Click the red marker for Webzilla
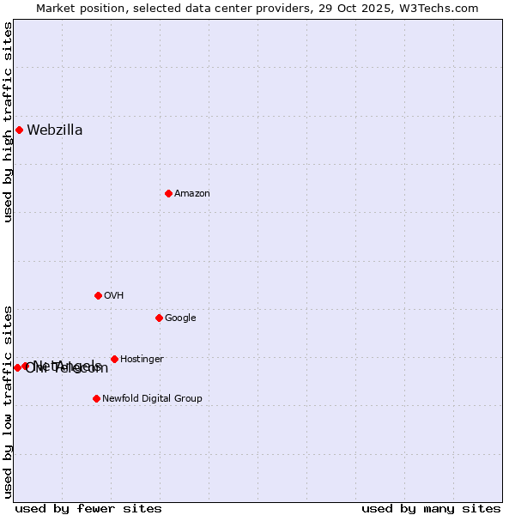click(x=19, y=130)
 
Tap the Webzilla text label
click(x=55, y=130)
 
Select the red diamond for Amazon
click(x=168, y=194)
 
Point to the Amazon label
click(x=192, y=194)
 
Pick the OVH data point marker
click(x=98, y=296)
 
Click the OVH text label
click(x=114, y=296)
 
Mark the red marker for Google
click(x=159, y=318)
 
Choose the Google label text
click(x=180, y=318)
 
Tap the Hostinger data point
click(x=114, y=360)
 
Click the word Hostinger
click(x=142, y=360)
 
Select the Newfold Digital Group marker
click(x=96, y=399)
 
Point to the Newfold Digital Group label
click(x=152, y=399)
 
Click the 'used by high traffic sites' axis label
click(x=9, y=122)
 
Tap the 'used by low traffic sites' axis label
click(x=9, y=402)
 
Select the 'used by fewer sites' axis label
click(x=88, y=509)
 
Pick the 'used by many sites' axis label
click(x=431, y=509)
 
